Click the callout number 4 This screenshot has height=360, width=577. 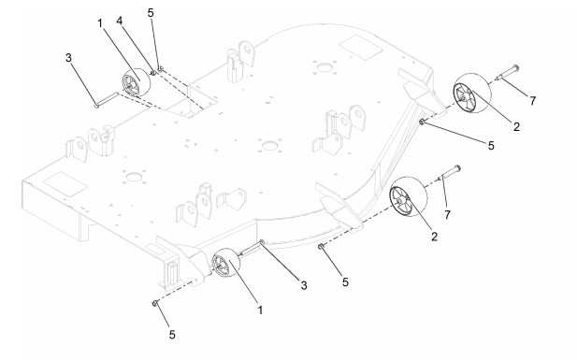[120, 21]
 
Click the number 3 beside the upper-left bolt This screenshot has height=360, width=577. [69, 58]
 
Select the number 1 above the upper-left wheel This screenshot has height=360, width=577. [100, 23]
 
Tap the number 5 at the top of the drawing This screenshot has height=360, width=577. [151, 12]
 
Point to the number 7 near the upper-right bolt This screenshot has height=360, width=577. [532, 100]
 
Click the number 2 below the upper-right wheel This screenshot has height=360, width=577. [516, 126]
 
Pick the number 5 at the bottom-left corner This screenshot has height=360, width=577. [172, 335]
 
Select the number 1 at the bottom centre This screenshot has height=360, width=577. [260, 310]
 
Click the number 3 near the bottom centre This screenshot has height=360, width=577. [304, 285]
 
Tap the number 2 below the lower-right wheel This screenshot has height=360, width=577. [435, 237]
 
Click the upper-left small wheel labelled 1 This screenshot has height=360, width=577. [137, 83]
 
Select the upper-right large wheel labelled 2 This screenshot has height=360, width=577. [471, 93]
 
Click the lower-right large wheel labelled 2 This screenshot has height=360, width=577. [408, 196]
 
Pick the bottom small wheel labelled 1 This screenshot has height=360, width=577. [226, 263]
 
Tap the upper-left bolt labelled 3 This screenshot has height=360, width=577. [107, 99]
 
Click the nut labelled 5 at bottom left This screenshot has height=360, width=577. [155, 303]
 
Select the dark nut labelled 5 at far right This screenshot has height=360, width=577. [422, 122]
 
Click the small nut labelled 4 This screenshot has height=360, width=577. [153, 73]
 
